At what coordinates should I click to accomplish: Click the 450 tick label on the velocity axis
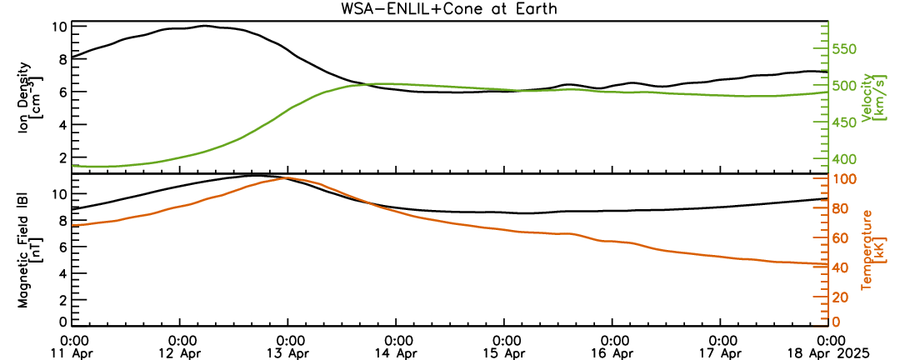pos(845,122)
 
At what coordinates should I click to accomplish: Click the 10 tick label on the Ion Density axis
pos(60,27)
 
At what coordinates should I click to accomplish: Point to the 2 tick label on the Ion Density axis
pos(63,157)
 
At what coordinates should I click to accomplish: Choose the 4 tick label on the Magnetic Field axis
pos(63,273)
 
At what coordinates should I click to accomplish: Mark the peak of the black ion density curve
pos(204,26)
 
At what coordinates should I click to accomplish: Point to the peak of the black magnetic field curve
pos(253,174)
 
